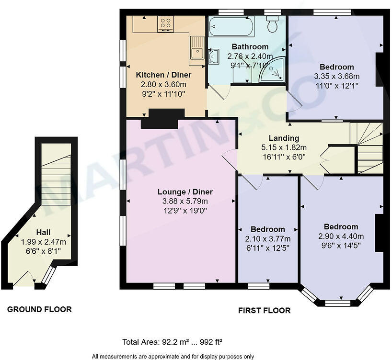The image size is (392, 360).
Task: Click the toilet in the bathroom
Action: (273, 24)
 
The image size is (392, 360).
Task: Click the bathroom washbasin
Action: (213, 57)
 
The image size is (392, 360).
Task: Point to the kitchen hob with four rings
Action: (165, 23)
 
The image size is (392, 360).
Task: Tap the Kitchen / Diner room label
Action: (163, 75)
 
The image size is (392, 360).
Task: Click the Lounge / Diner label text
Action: (185, 192)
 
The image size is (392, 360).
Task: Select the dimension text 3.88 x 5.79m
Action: (185, 201)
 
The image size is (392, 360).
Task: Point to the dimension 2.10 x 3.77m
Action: (268, 238)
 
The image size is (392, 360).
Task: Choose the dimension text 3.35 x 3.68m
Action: (336, 76)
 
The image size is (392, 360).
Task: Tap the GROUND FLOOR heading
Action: (39, 309)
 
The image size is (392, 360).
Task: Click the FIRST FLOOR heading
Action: (264, 310)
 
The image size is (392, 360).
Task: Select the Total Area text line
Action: (172, 342)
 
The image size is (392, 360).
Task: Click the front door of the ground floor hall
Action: (24, 280)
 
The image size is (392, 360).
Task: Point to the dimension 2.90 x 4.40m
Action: (341, 236)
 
